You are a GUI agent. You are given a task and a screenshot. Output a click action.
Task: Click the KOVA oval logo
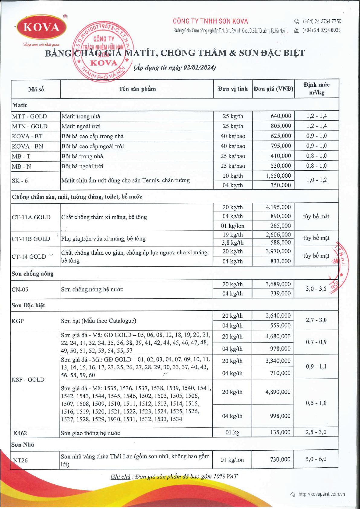tap(41, 27)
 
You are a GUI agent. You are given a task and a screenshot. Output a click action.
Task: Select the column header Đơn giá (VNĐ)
tap(273, 89)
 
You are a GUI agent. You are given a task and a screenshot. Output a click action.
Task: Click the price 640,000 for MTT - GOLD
tap(281, 116)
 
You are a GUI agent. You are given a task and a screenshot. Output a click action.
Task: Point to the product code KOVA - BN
tap(27, 147)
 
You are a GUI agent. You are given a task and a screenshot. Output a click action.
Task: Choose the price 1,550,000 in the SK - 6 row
tap(278, 176)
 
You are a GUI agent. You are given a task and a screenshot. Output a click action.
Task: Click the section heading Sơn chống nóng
tap(33, 274)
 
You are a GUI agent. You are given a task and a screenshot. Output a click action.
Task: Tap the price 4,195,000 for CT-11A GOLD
tap(278, 207)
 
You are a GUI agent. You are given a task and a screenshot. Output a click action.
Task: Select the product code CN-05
tap(20, 289)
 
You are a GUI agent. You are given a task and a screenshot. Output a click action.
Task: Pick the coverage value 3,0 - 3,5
tap(316, 289)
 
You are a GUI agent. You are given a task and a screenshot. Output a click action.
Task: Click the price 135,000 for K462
tap(280, 432)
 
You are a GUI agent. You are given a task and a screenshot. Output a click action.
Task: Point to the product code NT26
tap(21, 460)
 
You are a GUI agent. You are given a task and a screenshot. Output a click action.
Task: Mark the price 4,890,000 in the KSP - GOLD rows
tap(278, 392)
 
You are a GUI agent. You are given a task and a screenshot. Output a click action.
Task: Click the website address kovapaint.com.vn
tap(321, 494)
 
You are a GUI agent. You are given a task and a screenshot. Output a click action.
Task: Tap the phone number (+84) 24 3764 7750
tap(322, 21)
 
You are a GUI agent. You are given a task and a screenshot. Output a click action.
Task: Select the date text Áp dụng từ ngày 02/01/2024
tap(175, 67)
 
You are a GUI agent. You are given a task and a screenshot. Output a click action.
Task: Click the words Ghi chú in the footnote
tap(121, 477)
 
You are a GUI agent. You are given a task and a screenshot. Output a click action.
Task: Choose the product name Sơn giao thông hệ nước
tap(90, 433)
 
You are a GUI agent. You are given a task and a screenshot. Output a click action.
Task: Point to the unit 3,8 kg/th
tap(233, 243)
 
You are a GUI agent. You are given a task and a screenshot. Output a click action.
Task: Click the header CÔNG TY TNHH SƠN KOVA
tap(210, 21)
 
